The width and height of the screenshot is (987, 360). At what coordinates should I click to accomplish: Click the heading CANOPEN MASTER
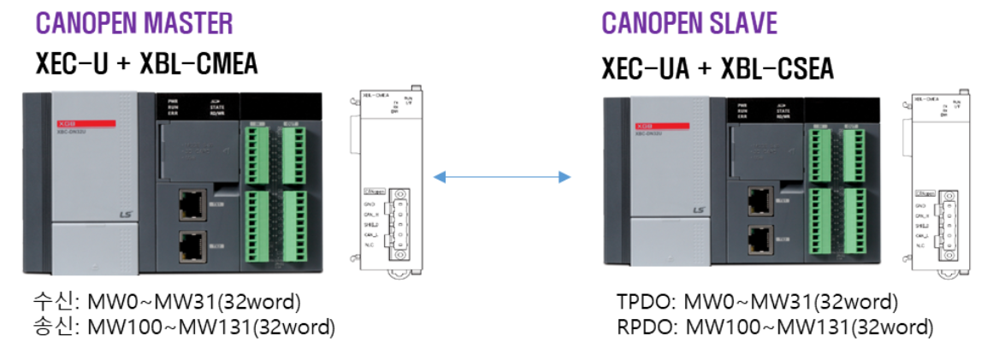134,23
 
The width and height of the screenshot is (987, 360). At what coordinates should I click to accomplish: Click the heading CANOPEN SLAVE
689,23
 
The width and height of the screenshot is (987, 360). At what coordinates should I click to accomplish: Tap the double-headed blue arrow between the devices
502,177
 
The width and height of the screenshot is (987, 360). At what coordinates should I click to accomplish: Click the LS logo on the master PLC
127,219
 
